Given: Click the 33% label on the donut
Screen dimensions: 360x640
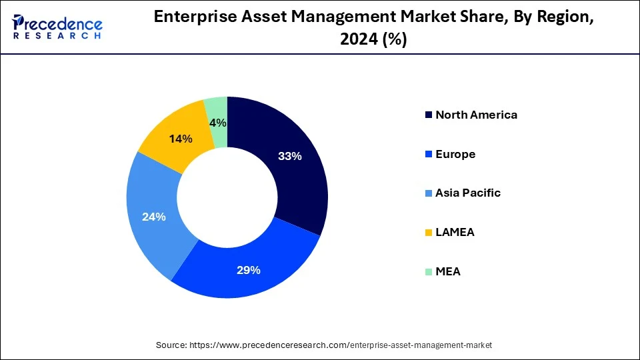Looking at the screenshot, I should [x=290, y=157].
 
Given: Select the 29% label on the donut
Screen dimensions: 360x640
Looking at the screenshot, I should [x=248, y=270].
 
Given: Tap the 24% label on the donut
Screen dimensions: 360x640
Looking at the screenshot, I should [x=153, y=217].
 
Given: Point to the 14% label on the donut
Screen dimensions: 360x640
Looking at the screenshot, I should [x=181, y=139].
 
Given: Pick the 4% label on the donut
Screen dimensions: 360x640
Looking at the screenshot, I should [x=217, y=123].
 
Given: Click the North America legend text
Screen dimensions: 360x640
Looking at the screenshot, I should [x=476, y=115].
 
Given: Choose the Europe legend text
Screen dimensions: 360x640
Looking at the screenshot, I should [x=455, y=154].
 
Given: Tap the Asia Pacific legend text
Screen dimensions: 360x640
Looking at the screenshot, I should [x=468, y=193].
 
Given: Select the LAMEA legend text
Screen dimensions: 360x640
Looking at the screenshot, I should [x=455, y=232].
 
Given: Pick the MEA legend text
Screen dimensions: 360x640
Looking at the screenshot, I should [x=448, y=271].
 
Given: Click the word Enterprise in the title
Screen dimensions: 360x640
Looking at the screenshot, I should [x=191, y=18].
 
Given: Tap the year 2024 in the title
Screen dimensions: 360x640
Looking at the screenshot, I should [x=357, y=40].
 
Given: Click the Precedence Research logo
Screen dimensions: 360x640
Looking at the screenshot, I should [x=57, y=27].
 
